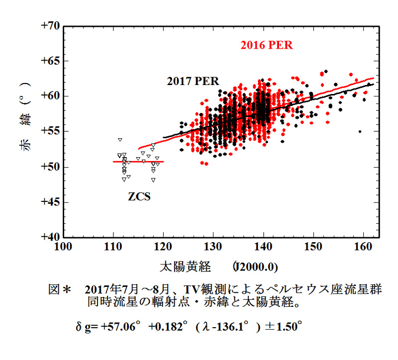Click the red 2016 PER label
tap(267, 45)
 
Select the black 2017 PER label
tap(193, 81)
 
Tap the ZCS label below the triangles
tap(139, 196)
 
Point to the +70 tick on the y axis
tap(50, 26)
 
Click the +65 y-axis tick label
tap(50, 61)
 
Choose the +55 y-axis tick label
tap(50, 131)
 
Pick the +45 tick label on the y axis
tap(50, 202)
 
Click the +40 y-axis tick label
tap(50, 237)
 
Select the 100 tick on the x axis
tap(63, 246)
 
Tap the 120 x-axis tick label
tap(163, 246)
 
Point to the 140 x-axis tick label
tap(264, 246)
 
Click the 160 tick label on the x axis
tap(364, 246)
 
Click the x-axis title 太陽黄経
tap(185, 267)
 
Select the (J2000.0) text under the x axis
tap(255, 267)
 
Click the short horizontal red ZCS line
tap(138, 162)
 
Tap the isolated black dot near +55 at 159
tap(360, 131)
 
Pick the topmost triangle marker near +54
tap(120, 140)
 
